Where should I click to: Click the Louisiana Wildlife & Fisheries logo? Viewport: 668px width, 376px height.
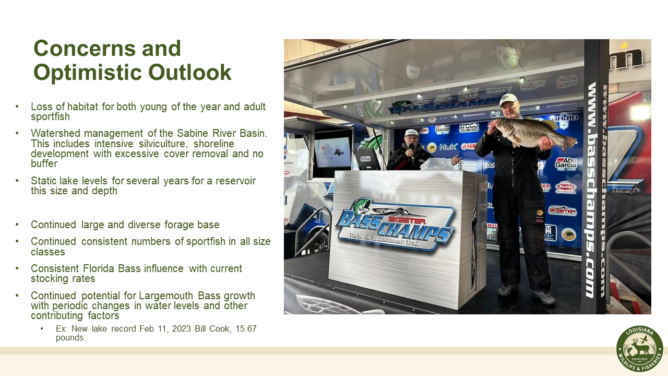[x=639, y=349]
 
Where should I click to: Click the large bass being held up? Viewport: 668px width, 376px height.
[x=532, y=133]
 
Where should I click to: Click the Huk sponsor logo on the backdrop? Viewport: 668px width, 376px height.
[x=447, y=147]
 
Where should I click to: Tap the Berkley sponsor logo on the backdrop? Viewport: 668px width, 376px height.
[x=565, y=186]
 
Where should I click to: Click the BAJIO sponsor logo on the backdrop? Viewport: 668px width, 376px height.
[x=564, y=118]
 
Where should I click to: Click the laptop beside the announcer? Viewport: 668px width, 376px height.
[x=368, y=158]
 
